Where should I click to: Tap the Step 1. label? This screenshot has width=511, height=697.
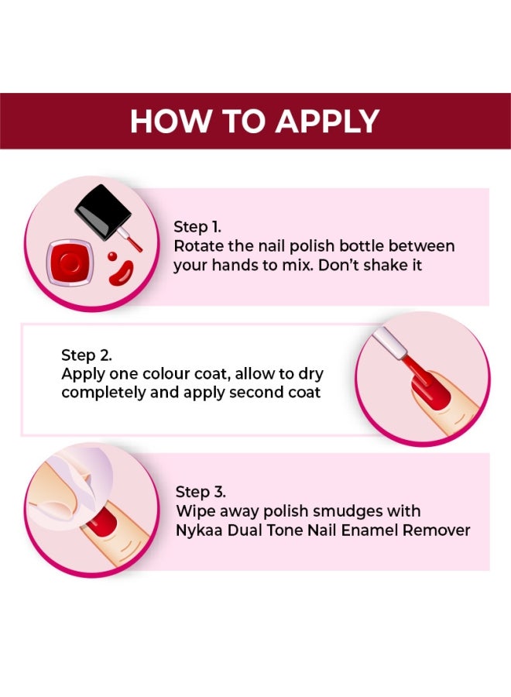click(197, 227)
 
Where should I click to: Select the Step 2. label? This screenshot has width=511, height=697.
click(86, 355)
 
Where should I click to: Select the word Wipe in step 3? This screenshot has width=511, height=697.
click(194, 511)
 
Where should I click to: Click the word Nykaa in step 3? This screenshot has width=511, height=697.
click(199, 530)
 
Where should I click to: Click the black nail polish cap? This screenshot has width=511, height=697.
click(102, 210)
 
